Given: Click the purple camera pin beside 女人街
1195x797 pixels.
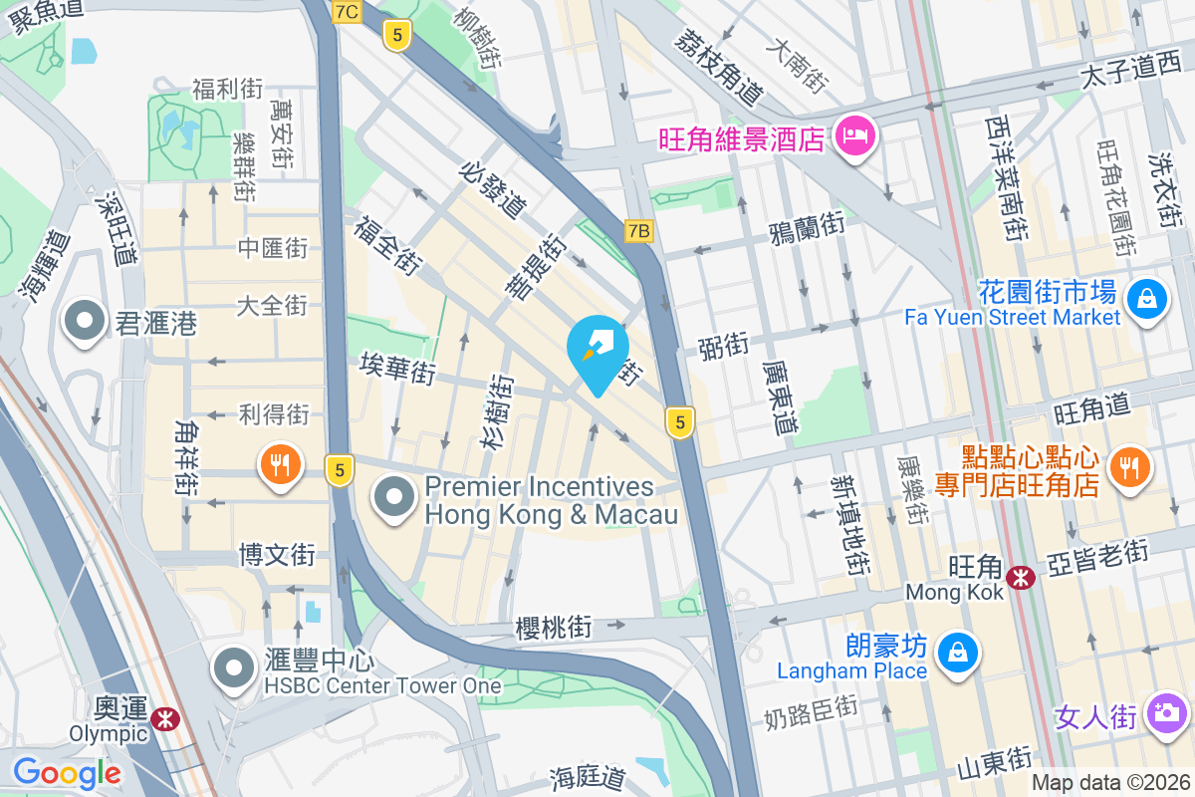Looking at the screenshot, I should click(x=1164, y=713).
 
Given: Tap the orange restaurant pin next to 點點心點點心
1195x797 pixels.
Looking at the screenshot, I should click(x=1128, y=466).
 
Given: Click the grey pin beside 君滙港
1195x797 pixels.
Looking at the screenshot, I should click(x=85, y=322).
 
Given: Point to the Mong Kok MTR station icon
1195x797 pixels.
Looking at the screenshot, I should click(x=1020, y=577).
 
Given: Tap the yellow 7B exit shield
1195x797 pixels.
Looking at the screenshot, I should click(x=638, y=231).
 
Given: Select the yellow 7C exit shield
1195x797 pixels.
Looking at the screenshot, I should click(x=347, y=12).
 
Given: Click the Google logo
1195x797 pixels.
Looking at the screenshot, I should click(x=67, y=772).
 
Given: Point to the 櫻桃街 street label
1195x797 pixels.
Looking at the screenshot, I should click(x=554, y=628).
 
